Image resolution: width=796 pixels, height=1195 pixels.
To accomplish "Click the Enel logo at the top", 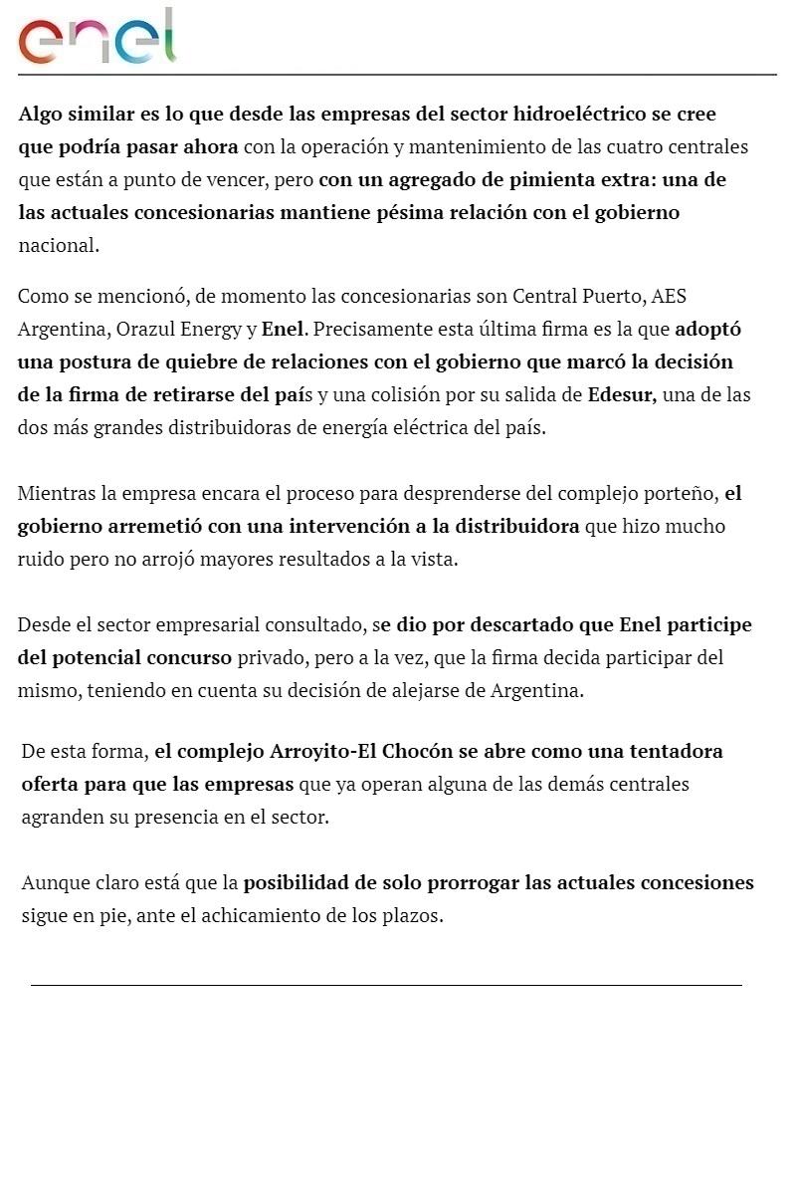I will pyautogui.click(x=97, y=38).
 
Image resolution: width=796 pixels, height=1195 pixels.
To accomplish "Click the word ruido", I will pyautogui.click(x=40, y=559).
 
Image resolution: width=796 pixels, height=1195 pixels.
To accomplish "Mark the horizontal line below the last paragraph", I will pyautogui.click(x=386, y=985).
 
